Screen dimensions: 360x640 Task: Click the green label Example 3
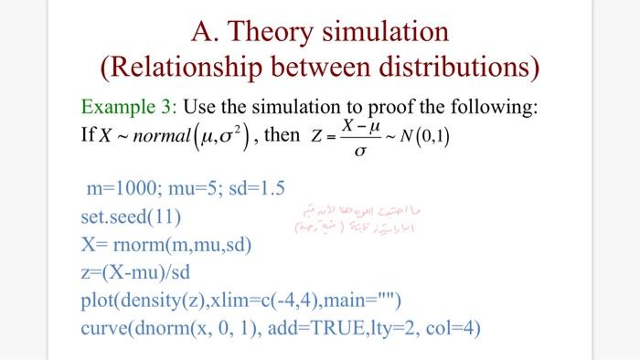tap(127, 109)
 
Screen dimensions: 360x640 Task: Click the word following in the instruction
tap(489, 109)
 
